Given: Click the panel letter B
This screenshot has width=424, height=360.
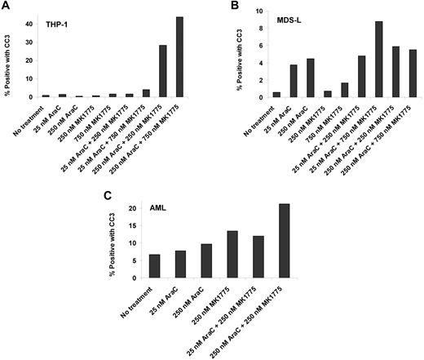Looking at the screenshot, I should tap(224, 7).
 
